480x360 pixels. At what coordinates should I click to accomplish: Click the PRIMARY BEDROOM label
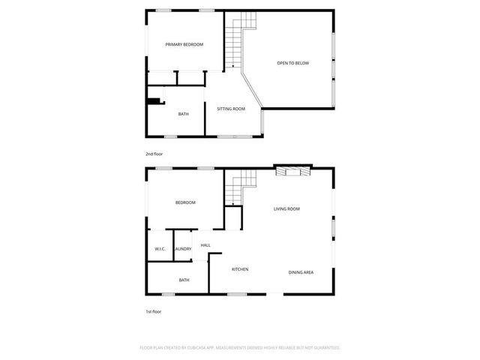(184, 45)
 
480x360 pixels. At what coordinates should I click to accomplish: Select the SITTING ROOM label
(231, 109)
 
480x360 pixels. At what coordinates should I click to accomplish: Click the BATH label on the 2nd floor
(183, 114)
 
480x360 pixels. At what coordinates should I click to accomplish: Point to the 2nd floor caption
(154, 154)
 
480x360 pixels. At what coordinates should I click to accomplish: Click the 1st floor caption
(153, 311)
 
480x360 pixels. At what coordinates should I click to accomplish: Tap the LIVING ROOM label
(286, 209)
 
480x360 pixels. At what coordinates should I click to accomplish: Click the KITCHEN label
(240, 269)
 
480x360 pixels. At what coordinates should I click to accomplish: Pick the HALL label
(205, 245)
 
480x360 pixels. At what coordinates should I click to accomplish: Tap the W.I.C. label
(160, 249)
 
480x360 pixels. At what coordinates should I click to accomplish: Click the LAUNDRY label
(183, 249)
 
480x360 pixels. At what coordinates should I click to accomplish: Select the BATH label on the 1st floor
(184, 280)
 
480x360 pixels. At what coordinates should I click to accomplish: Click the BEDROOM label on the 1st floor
(185, 203)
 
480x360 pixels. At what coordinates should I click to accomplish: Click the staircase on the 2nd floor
(237, 43)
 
